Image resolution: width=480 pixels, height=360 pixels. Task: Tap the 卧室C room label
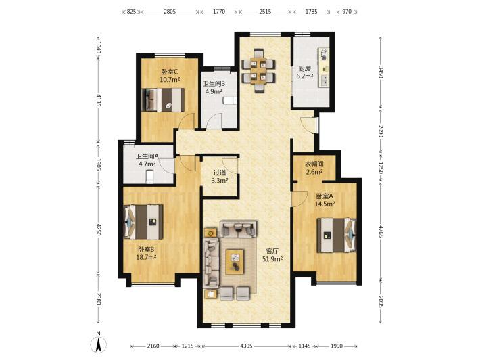tap(170, 72)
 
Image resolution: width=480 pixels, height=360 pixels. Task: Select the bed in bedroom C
tap(163, 100)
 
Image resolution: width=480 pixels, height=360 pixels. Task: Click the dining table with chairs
tap(259, 71)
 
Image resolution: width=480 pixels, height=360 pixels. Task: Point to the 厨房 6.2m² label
tap(305, 72)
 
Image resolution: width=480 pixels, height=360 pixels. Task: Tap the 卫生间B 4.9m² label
tap(214, 87)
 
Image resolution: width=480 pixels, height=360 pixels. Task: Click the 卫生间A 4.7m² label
tap(147, 160)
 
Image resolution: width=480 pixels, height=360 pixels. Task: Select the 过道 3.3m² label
tap(220, 177)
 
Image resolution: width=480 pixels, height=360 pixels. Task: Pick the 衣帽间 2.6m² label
tap(314, 168)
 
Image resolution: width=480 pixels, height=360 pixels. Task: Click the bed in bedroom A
tap(337, 235)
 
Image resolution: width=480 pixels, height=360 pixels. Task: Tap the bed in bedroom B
tap(143, 222)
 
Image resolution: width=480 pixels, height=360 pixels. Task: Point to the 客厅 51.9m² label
tap(272, 255)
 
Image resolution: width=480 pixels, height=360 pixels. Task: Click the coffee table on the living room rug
tap(235, 262)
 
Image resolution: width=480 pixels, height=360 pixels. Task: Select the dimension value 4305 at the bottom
tap(247, 346)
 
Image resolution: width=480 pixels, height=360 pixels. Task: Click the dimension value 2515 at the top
tap(265, 12)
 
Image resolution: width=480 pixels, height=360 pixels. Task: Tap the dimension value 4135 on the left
tap(98, 100)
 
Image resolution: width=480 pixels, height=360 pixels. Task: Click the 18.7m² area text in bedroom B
tap(146, 257)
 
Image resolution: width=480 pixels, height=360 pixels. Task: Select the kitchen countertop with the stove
tap(324, 67)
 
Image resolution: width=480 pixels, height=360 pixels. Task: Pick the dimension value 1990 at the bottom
tap(337, 346)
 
